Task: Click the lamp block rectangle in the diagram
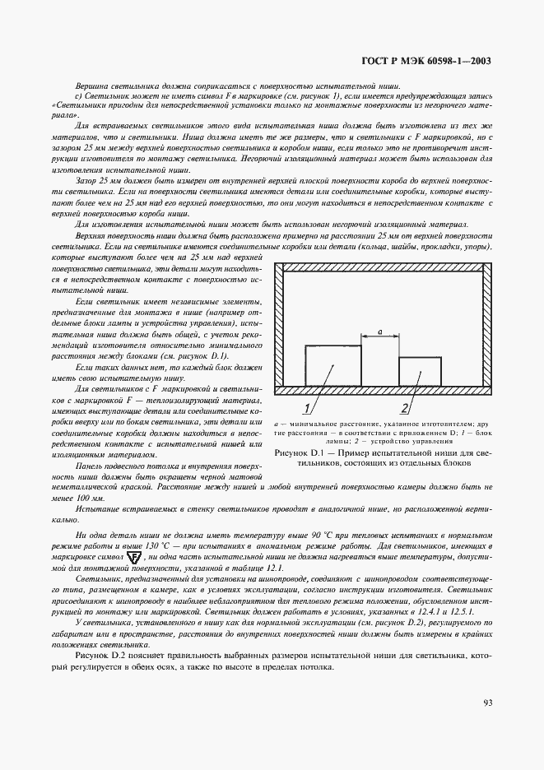[332, 364]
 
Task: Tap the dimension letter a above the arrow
[379, 330]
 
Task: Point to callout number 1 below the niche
[306, 408]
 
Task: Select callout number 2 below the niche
[405, 408]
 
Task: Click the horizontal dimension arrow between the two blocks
[379, 336]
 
